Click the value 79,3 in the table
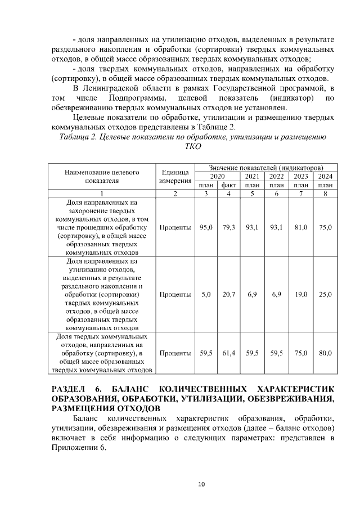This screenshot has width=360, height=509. pyautogui.click(x=228, y=227)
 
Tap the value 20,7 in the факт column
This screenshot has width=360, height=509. pyautogui.click(x=228, y=294)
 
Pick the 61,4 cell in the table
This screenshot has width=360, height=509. pyautogui.click(x=228, y=353)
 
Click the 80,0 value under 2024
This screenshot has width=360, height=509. pyautogui.click(x=325, y=353)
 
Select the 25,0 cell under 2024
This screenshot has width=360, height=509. pyautogui.click(x=325, y=294)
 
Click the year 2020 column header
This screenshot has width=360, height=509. pyautogui.click(x=217, y=177)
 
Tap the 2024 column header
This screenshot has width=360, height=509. pyautogui.click(x=325, y=177)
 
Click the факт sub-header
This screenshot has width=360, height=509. pyautogui.click(x=228, y=185)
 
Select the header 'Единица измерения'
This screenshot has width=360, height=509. pyautogui.click(x=175, y=177)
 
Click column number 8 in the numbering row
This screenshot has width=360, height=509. pyautogui.click(x=325, y=194)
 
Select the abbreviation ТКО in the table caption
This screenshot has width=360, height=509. pyautogui.click(x=193, y=146)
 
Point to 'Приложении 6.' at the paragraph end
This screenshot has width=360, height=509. pyautogui.click(x=78, y=448)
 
